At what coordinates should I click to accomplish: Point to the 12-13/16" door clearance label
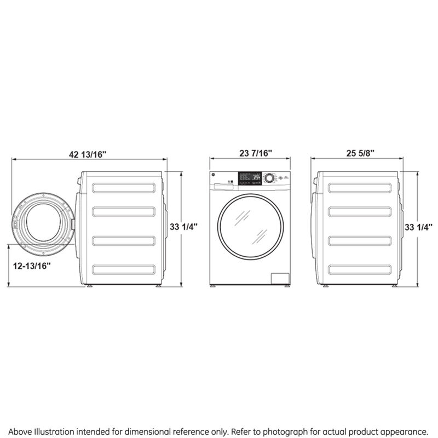[32, 266]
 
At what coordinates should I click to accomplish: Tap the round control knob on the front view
[269, 178]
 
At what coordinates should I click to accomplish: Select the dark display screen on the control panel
[250, 178]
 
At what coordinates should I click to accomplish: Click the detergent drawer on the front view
[222, 186]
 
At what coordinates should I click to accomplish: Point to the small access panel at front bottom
[281, 278]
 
